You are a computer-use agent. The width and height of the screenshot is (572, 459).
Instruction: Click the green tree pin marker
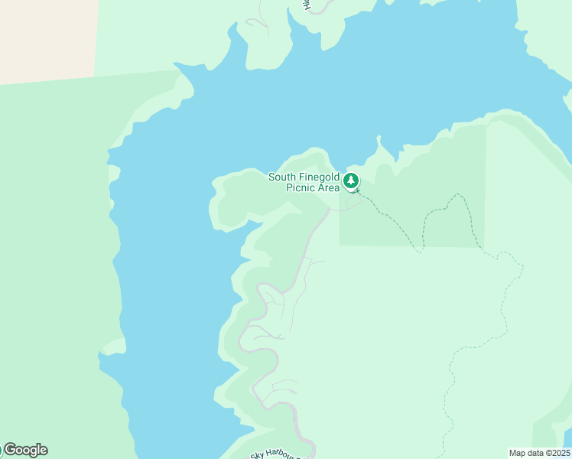[350, 181]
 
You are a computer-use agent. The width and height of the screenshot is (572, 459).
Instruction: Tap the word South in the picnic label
[281, 177]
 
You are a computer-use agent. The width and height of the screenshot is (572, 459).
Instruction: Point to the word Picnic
[301, 188]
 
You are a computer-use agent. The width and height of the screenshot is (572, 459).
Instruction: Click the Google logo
[24, 450]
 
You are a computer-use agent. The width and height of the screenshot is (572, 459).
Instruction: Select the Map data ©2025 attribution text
[540, 453]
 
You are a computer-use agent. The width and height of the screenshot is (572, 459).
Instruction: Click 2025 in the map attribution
[559, 453]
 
